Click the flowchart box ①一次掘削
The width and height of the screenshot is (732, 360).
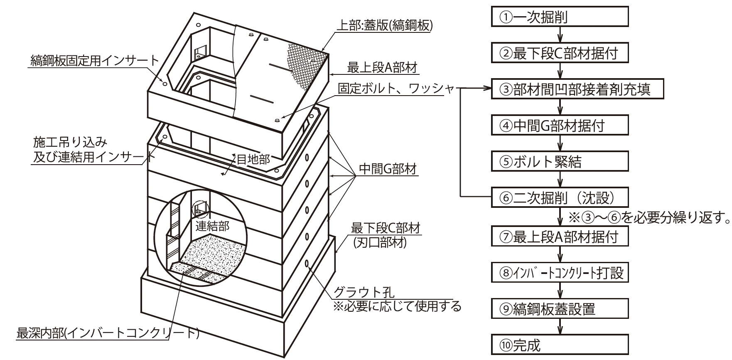tap(560, 17)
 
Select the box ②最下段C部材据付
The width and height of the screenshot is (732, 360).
tap(560, 53)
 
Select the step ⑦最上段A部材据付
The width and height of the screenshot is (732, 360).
tap(560, 237)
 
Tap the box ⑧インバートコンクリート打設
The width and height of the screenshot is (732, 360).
tap(560, 273)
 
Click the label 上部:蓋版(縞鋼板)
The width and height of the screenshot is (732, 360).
tap(384, 26)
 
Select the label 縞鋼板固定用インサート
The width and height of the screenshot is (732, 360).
tap(95, 61)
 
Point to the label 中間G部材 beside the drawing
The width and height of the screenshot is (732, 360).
tap(387, 169)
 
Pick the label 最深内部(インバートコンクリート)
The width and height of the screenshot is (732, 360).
tap(108, 333)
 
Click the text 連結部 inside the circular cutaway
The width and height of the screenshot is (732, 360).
tap(212, 226)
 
